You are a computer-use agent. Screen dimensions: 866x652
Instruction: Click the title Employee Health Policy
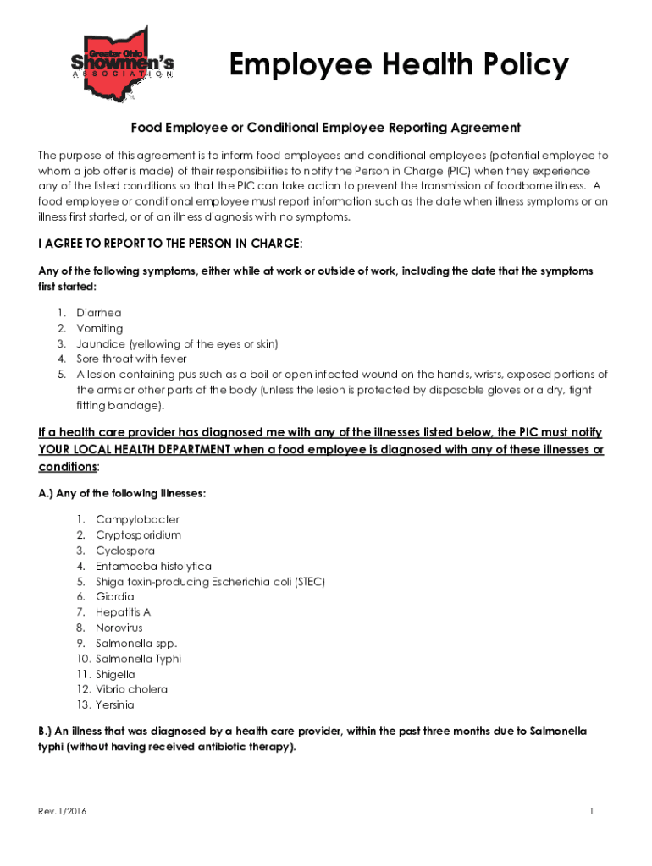tap(399, 65)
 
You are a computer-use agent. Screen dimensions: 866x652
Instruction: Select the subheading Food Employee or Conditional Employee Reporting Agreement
tap(325, 128)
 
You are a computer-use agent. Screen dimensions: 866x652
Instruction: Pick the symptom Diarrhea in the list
tap(99, 313)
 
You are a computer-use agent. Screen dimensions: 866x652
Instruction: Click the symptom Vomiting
tap(100, 328)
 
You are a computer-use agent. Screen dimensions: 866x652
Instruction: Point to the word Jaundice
tap(101, 343)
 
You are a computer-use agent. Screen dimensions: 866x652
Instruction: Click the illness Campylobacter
tap(137, 519)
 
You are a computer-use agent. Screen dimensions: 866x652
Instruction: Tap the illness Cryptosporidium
tap(138, 534)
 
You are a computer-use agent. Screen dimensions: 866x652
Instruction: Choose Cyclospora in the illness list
tap(125, 551)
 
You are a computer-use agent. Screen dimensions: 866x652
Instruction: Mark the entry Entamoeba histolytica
tap(153, 566)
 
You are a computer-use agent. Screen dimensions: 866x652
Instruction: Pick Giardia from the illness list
tap(115, 596)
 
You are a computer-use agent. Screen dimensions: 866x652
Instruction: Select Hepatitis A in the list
tap(123, 611)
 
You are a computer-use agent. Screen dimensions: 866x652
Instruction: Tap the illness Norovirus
tap(119, 628)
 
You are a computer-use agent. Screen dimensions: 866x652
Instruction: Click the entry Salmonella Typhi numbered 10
tap(139, 658)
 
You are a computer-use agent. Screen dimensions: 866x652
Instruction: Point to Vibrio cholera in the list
tap(131, 689)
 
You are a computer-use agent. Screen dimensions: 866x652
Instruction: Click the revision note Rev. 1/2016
tap(62, 812)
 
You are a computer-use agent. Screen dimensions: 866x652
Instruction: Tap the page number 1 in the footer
tap(593, 812)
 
